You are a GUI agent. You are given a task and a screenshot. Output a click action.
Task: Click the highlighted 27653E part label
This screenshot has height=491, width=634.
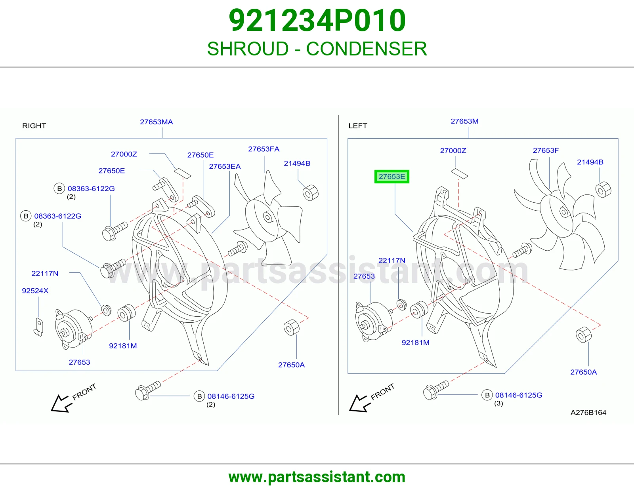391,176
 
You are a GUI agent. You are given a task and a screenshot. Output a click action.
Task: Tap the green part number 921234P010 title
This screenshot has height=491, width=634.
317,20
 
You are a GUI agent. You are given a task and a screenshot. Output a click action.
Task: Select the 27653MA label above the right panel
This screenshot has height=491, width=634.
157,122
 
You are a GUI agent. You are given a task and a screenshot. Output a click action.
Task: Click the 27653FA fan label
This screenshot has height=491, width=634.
264,149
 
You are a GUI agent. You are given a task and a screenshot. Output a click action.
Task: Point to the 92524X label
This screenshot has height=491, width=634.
35,291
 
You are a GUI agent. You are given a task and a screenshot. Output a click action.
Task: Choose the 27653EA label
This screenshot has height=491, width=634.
225,166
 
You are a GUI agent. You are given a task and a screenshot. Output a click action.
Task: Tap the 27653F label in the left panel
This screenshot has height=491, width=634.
546,150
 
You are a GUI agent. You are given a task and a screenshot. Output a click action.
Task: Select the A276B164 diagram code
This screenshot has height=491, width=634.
588,413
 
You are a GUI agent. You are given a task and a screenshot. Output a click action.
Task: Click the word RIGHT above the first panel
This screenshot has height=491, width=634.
34,126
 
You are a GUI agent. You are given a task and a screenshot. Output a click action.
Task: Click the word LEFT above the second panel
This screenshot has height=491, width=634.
358,126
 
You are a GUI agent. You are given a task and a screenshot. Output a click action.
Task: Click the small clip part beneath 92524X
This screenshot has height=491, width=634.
38,327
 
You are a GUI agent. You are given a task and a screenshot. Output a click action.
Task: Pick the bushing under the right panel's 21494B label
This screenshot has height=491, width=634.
310,193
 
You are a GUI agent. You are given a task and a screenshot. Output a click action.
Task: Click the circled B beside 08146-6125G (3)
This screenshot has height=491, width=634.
487,395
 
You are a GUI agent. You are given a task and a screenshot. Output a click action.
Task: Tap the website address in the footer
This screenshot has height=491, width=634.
317,477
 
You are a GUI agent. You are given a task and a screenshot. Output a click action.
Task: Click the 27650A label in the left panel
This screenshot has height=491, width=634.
584,372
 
